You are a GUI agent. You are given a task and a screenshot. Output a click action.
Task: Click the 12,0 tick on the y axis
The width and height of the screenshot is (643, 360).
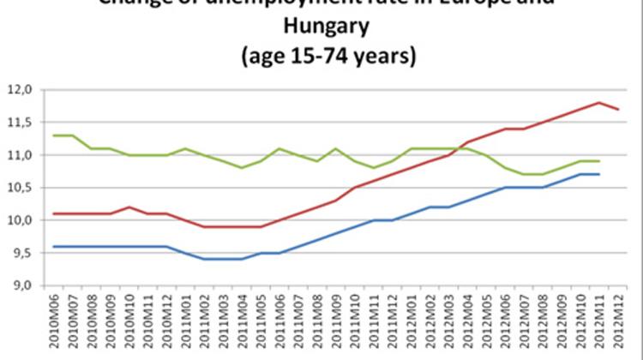[x=19, y=89]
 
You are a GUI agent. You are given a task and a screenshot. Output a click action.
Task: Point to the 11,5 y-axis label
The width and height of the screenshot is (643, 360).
[x=19, y=123]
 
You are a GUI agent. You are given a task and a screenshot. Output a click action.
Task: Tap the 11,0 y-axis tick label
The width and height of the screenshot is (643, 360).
[x=19, y=155]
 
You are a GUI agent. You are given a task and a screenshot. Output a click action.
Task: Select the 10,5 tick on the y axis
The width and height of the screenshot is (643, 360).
[x=19, y=188]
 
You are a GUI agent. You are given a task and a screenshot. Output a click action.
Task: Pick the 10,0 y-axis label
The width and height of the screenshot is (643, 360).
[x=19, y=220]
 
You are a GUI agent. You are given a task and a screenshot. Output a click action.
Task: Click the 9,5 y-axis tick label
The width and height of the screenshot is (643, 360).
[x=19, y=253]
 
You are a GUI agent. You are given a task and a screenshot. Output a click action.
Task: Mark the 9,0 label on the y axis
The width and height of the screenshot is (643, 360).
[x=19, y=285]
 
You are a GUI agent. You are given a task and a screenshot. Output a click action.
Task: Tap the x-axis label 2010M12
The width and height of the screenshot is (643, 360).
[x=167, y=321]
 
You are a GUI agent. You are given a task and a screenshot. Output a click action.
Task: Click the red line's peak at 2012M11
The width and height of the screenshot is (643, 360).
[x=598, y=103]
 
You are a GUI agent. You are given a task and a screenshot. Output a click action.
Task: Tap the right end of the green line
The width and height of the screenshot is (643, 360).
[x=598, y=161]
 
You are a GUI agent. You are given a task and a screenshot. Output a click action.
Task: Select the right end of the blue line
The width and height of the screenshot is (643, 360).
[x=598, y=174]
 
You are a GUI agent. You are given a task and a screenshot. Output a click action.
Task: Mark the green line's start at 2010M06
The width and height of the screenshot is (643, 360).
[x=54, y=135]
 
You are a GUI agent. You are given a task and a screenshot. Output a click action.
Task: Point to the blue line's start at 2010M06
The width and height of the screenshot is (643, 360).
[x=54, y=247]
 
